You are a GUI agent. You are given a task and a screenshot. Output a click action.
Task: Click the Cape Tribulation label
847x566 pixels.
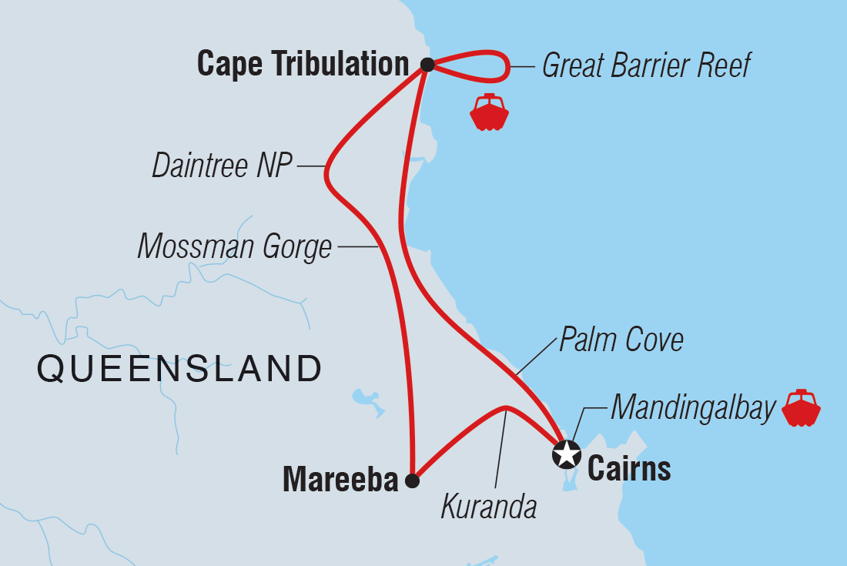303,65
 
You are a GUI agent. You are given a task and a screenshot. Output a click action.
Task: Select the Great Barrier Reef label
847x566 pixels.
646,65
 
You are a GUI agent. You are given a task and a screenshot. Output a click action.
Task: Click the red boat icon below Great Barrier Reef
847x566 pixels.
489,113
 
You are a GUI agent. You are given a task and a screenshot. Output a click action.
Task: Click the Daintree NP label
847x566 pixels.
223,166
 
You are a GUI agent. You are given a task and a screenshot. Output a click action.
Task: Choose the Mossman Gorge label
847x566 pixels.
234,247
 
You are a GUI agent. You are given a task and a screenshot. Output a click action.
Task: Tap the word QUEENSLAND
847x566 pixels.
179,369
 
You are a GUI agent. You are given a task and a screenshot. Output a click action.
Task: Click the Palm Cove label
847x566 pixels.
621,340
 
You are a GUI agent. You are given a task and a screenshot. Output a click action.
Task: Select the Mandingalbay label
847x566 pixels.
692,409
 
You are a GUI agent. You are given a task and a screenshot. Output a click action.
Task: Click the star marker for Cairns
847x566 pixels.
567,454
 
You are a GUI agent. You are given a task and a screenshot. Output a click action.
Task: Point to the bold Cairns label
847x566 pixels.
629,468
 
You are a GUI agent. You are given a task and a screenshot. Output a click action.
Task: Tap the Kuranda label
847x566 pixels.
488,507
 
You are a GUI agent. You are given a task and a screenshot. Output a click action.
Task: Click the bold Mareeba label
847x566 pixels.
340,481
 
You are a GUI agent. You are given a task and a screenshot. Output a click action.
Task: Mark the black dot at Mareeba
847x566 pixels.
412,481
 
